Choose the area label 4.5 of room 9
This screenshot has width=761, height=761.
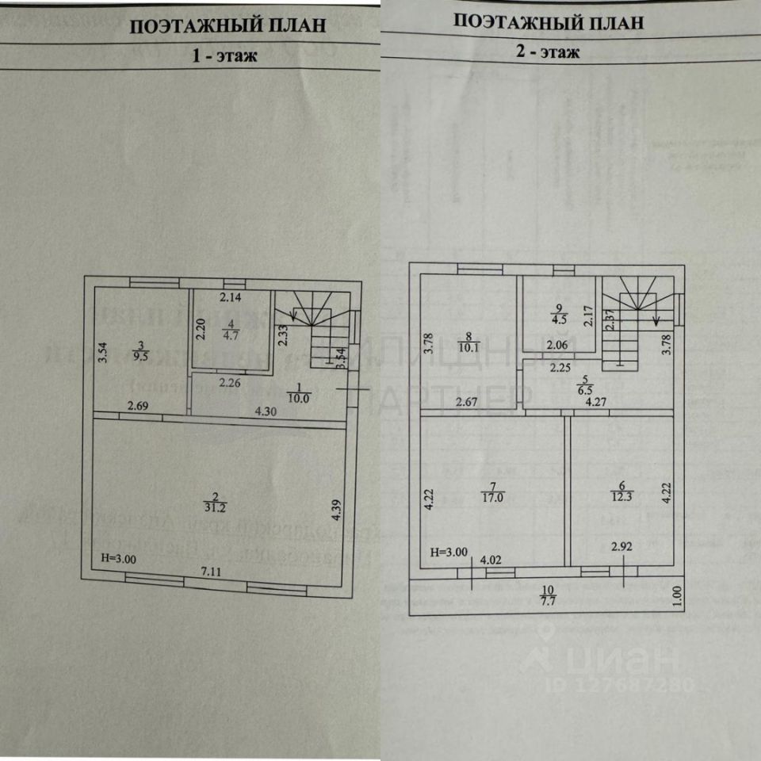[x=560, y=320]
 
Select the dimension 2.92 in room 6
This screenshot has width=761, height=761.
[x=621, y=546]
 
